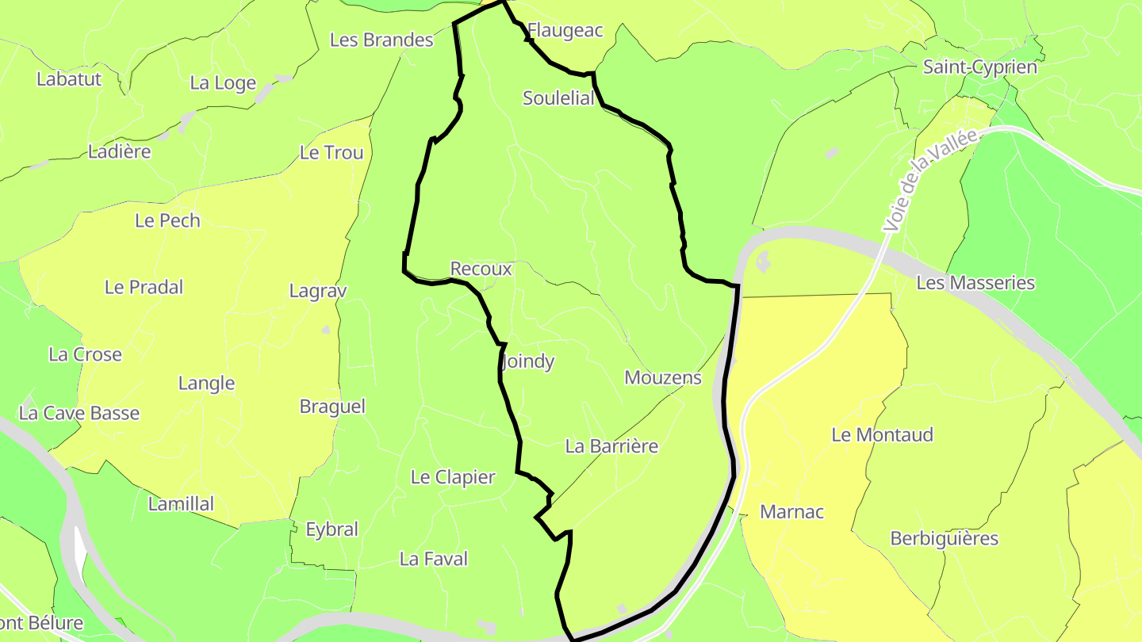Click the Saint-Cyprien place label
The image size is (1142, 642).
(979, 67)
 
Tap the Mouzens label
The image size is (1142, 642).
(663, 378)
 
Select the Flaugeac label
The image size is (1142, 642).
(565, 31)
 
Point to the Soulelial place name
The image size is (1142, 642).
(558, 98)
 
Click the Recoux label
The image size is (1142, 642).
(481, 269)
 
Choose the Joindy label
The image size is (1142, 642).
(528, 362)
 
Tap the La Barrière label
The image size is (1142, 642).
(611, 446)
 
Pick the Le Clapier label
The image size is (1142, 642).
(453, 477)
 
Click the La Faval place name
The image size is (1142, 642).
(434, 560)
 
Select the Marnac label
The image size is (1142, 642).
(791, 512)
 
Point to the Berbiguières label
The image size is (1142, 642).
(944, 539)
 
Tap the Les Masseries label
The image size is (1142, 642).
(975, 283)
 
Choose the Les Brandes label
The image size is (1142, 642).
(381, 40)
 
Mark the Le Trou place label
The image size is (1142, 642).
(331, 153)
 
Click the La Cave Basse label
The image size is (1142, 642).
(79, 414)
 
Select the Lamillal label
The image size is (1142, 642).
(182, 504)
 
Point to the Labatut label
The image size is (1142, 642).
(69, 79)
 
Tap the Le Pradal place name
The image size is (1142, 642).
(144, 288)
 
